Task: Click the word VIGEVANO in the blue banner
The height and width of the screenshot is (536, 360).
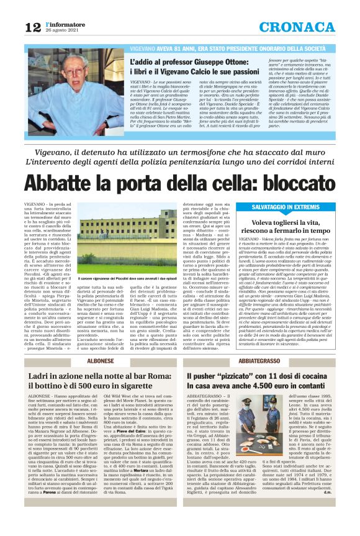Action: click(144, 48)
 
